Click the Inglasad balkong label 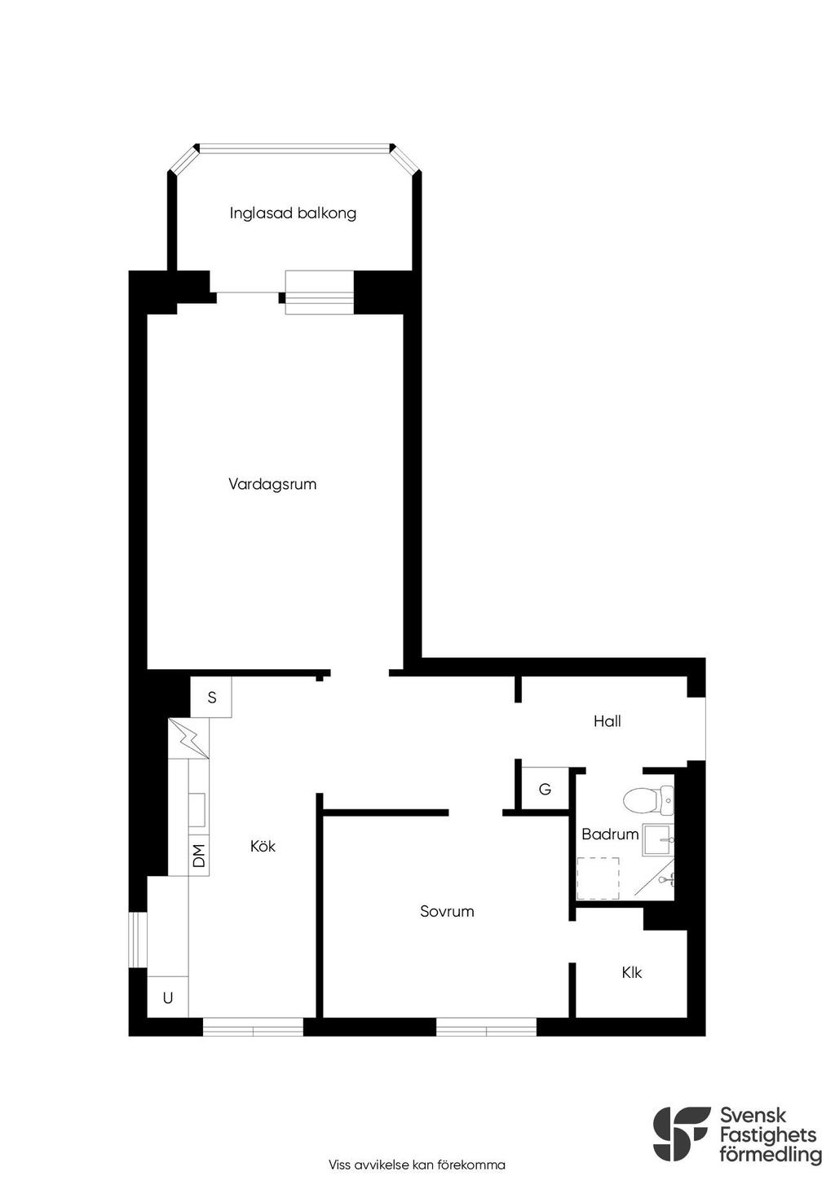click(x=293, y=214)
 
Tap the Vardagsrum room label click(x=272, y=484)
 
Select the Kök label click(x=263, y=846)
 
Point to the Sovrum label click(x=447, y=911)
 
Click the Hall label click(x=607, y=721)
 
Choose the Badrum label click(x=610, y=834)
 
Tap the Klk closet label click(x=631, y=972)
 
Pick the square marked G click(x=545, y=789)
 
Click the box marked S click(x=211, y=698)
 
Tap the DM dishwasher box click(x=199, y=856)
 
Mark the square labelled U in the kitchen click(x=168, y=997)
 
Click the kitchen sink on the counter click(x=197, y=811)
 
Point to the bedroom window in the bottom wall click(x=486, y=1028)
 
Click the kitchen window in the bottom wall click(x=253, y=1028)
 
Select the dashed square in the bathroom click(x=599, y=878)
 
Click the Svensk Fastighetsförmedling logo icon click(x=681, y=1133)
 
